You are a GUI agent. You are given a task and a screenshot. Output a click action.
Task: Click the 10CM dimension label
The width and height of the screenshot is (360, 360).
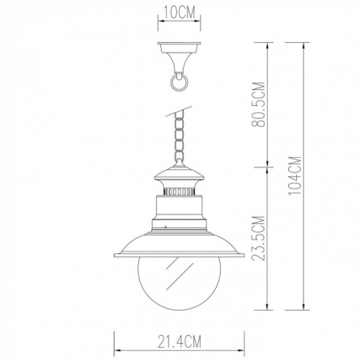tap(180, 13)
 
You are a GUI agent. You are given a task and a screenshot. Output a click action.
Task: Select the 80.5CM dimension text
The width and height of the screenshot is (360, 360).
tap(258, 104)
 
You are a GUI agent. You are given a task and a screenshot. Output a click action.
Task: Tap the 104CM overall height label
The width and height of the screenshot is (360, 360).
tap(294, 176)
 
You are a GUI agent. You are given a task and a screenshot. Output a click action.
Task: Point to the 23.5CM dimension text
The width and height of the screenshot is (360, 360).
tap(258, 238)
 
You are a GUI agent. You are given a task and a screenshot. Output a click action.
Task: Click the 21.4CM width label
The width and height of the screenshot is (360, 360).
tap(180, 341)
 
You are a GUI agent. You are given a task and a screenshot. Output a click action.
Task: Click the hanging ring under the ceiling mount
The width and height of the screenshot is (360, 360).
tap(179, 83)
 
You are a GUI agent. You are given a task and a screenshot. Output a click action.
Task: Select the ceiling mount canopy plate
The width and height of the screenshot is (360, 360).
tap(180, 44)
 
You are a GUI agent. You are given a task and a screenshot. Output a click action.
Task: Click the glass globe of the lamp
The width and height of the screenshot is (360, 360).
tap(180, 284)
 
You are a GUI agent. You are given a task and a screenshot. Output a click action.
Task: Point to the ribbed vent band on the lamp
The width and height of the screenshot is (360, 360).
tap(180, 192)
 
